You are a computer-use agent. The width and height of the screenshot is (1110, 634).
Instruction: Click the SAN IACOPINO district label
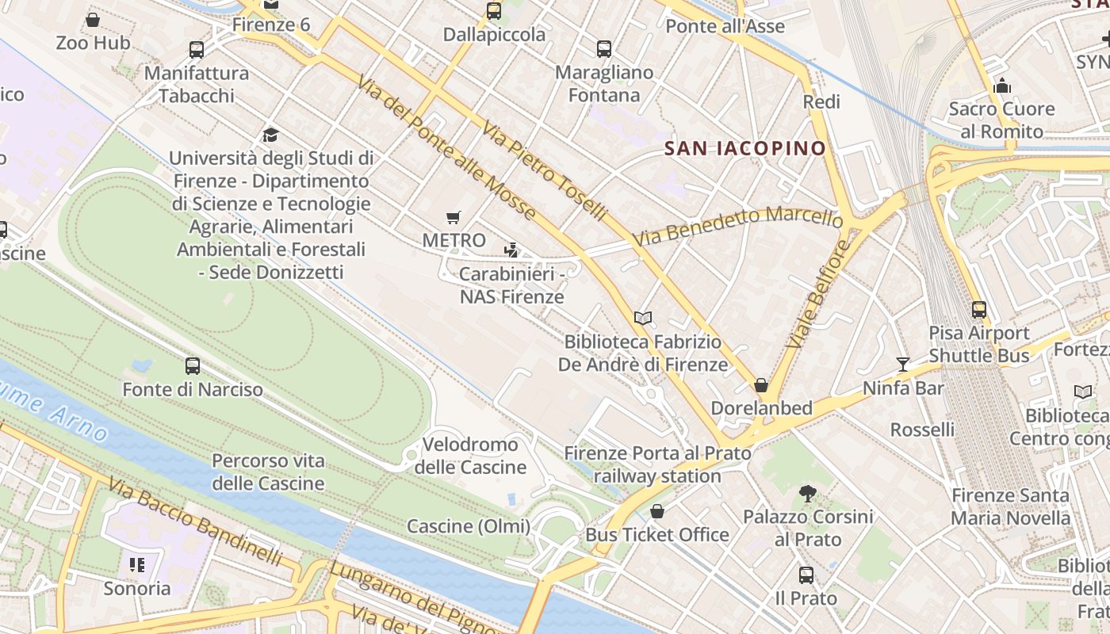744,148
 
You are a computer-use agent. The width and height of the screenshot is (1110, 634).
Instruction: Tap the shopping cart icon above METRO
454,217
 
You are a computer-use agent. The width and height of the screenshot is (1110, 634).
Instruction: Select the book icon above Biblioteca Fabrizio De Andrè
643,318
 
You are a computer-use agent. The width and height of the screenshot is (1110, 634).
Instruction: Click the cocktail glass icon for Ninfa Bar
903,365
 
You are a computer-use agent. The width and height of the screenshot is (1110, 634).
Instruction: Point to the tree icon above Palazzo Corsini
808,494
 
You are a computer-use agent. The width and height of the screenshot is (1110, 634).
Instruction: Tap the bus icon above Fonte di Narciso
193,366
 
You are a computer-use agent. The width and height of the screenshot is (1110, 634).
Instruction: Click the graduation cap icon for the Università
270,135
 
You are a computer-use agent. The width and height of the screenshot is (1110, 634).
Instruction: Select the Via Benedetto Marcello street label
737,226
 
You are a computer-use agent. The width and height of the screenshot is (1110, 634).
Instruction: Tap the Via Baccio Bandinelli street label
195,522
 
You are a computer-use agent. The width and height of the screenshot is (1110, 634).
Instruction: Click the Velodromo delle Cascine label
470,456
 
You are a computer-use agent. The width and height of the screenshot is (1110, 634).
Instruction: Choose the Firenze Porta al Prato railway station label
657,464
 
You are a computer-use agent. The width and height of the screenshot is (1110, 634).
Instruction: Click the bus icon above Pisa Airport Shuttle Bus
979,310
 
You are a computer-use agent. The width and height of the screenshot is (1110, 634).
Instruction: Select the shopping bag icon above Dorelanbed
761,385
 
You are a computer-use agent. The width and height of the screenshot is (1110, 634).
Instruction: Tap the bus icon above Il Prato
806,575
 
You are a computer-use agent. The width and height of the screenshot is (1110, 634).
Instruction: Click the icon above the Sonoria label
137,565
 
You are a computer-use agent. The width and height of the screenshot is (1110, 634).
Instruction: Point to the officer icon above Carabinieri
511,251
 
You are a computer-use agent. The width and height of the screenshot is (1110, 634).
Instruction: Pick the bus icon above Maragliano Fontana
604,49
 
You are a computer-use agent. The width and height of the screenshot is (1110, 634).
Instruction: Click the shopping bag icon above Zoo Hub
93,20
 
